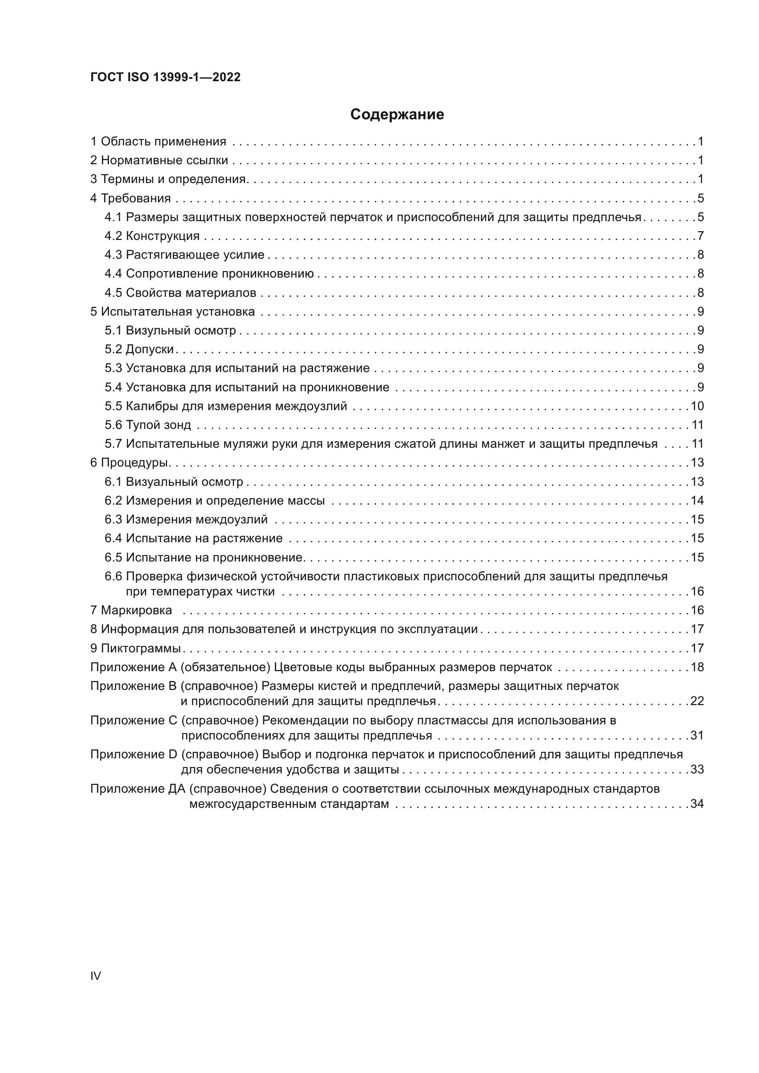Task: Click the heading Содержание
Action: click(397, 115)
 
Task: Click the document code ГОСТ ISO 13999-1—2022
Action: click(165, 77)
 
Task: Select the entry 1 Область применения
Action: click(158, 142)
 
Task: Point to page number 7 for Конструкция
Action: click(700, 236)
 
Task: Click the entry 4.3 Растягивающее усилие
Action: click(184, 255)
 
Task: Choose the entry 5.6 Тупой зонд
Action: click(148, 425)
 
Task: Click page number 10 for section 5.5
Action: click(697, 406)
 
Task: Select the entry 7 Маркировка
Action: click(131, 610)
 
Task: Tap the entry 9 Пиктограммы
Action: click(135, 648)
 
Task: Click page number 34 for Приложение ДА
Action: click(697, 804)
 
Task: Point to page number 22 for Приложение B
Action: click(697, 701)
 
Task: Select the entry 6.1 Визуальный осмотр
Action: click(173, 482)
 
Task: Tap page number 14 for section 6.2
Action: click(697, 500)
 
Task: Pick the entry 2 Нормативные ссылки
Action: click(159, 160)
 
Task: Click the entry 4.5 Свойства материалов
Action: click(180, 293)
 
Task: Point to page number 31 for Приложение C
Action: click(697, 735)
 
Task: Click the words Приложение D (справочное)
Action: click(174, 754)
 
